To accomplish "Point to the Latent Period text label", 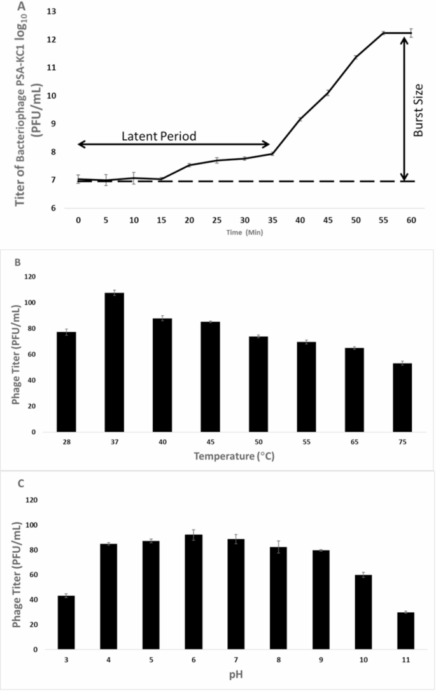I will [x=159, y=136].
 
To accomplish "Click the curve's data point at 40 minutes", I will [x=299, y=119].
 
